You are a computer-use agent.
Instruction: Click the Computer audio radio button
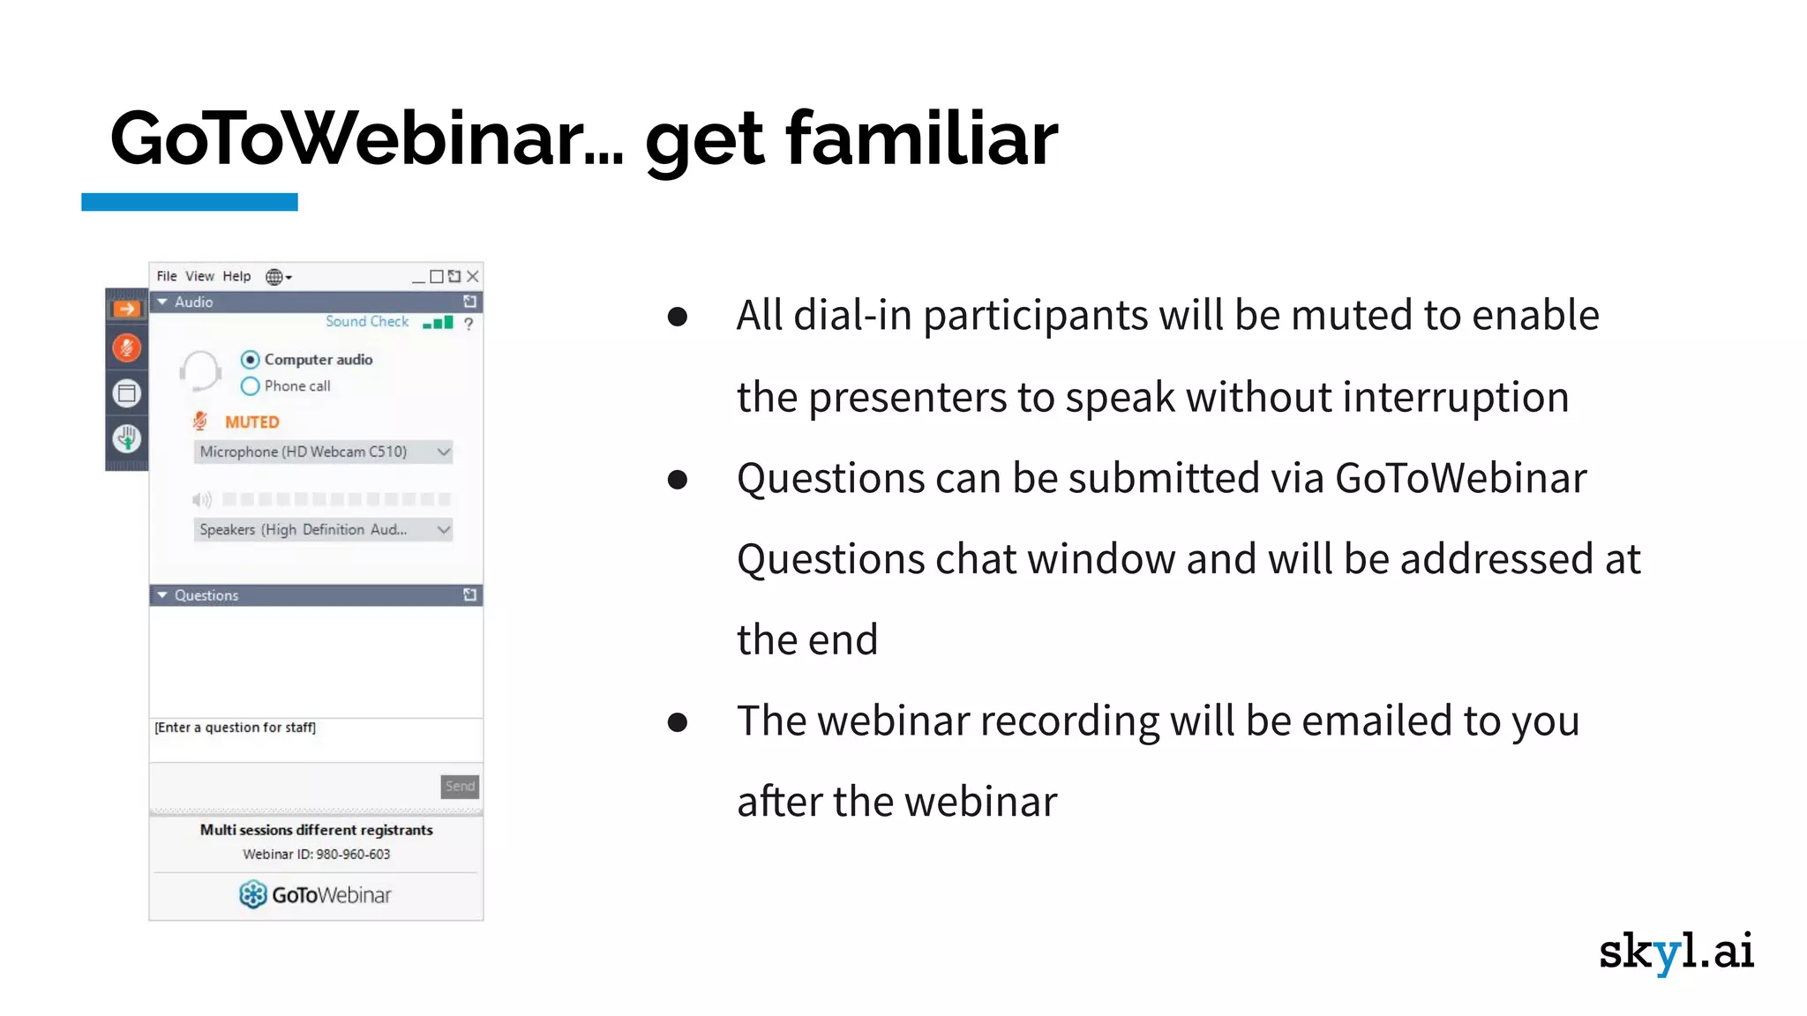(x=251, y=360)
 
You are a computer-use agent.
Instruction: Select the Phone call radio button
(x=251, y=386)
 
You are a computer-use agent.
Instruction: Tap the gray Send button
(x=460, y=786)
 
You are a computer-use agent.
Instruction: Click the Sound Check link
(x=367, y=322)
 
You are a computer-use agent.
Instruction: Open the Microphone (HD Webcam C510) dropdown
(x=323, y=452)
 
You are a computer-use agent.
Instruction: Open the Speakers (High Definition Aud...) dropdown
(x=323, y=529)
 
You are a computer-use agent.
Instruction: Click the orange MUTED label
(x=251, y=422)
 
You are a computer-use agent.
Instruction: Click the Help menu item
(x=236, y=276)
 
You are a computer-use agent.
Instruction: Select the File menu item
(x=167, y=276)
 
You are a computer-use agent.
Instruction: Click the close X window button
(x=473, y=276)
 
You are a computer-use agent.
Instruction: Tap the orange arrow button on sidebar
(x=127, y=309)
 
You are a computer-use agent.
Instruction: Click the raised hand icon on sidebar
(x=127, y=437)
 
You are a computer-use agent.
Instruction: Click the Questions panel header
(x=316, y=595)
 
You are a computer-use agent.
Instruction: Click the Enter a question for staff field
(x=316, y=739)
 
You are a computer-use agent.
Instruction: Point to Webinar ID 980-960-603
(x=316, y=854)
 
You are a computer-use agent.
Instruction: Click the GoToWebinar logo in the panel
(x=315, y=894)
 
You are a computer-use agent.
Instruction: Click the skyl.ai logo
(x=1676, y=952)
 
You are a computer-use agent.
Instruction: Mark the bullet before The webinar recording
(x=678, y=722)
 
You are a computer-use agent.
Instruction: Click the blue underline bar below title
(x=190, y=202)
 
